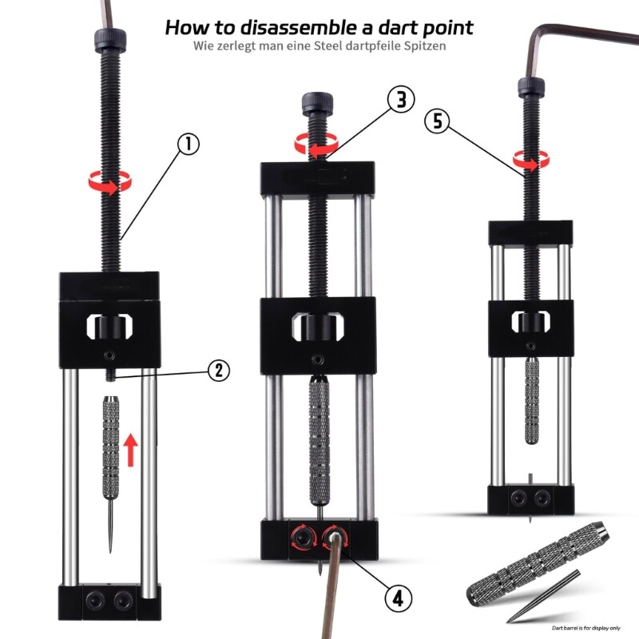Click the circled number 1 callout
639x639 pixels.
(x=187, y=145)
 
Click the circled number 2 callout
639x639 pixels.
(x=219, y=370)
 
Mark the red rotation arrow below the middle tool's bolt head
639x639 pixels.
(x=314, y=145)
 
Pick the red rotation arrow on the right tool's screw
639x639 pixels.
(x=527, y=161)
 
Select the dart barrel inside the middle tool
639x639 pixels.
(x=318, y=435)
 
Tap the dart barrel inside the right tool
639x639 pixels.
(x=531, y=399)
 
